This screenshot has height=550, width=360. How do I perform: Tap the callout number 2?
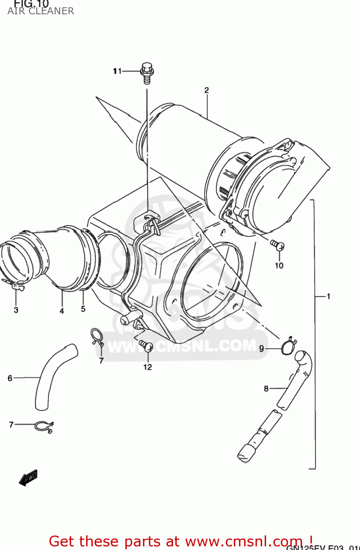tap(206, 90)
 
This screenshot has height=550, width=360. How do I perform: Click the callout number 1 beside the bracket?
tap(328, 296)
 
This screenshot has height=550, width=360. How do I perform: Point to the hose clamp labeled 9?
tap(288, 346)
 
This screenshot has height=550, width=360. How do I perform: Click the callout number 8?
tap(266, 389)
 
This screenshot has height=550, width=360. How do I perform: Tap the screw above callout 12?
tap(146, 345)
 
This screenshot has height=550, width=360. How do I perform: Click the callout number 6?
tap(10, 378)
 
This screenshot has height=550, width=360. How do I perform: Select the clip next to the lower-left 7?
tap(44, 426)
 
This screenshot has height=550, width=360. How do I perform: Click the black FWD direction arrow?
tap(28, 478)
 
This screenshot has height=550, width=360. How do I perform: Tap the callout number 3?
tap(16, 310)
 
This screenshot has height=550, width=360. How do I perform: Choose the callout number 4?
tap(62, 311)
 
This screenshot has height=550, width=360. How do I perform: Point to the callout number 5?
tap(83, 309)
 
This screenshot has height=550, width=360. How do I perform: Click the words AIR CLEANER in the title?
tap(41, 11)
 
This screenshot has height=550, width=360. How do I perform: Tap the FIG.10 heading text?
tap(31, 4)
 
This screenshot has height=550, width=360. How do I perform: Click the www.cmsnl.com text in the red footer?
tap(243, 541)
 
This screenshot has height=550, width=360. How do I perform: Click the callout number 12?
tap(147, 367)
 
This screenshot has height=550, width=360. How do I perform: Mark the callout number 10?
tap(279, 265)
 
